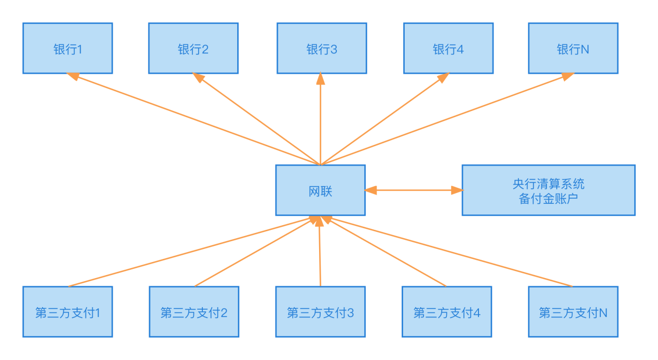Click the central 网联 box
coord(320,190)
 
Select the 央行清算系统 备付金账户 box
coord(548,190)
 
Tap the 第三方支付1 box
coord(67,312)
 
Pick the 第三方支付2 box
coord(194,312)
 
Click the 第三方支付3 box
coord(320,312)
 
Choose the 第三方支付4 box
coord(447,312)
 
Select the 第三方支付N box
coord(573,312)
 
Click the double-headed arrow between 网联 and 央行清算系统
coord(413,190)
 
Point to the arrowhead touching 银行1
coord(73,77)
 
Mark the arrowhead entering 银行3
coord(321,79)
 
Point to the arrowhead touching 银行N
coord(568,76)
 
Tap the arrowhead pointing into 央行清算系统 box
coord(457,190)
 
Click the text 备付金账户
coord(548,198)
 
